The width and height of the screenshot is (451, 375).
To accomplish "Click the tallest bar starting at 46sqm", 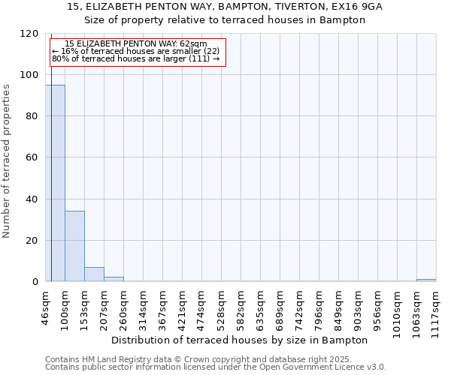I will (x=55, y=183).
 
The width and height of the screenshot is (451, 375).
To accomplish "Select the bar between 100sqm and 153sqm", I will (x=74, y=246).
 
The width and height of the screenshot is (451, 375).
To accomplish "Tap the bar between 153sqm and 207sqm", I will (x=94, y=274).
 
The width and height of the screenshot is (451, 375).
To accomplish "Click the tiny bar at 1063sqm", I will (x=426, y=280).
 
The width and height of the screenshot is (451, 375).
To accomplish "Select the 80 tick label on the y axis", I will (x=32, y=116).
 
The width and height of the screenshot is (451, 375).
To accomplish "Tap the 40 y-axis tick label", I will (x=32, y=199).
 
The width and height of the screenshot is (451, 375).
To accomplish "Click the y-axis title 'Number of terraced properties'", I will (x=8, y=161).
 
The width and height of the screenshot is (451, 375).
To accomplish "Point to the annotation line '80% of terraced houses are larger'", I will (x=135, y=58).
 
